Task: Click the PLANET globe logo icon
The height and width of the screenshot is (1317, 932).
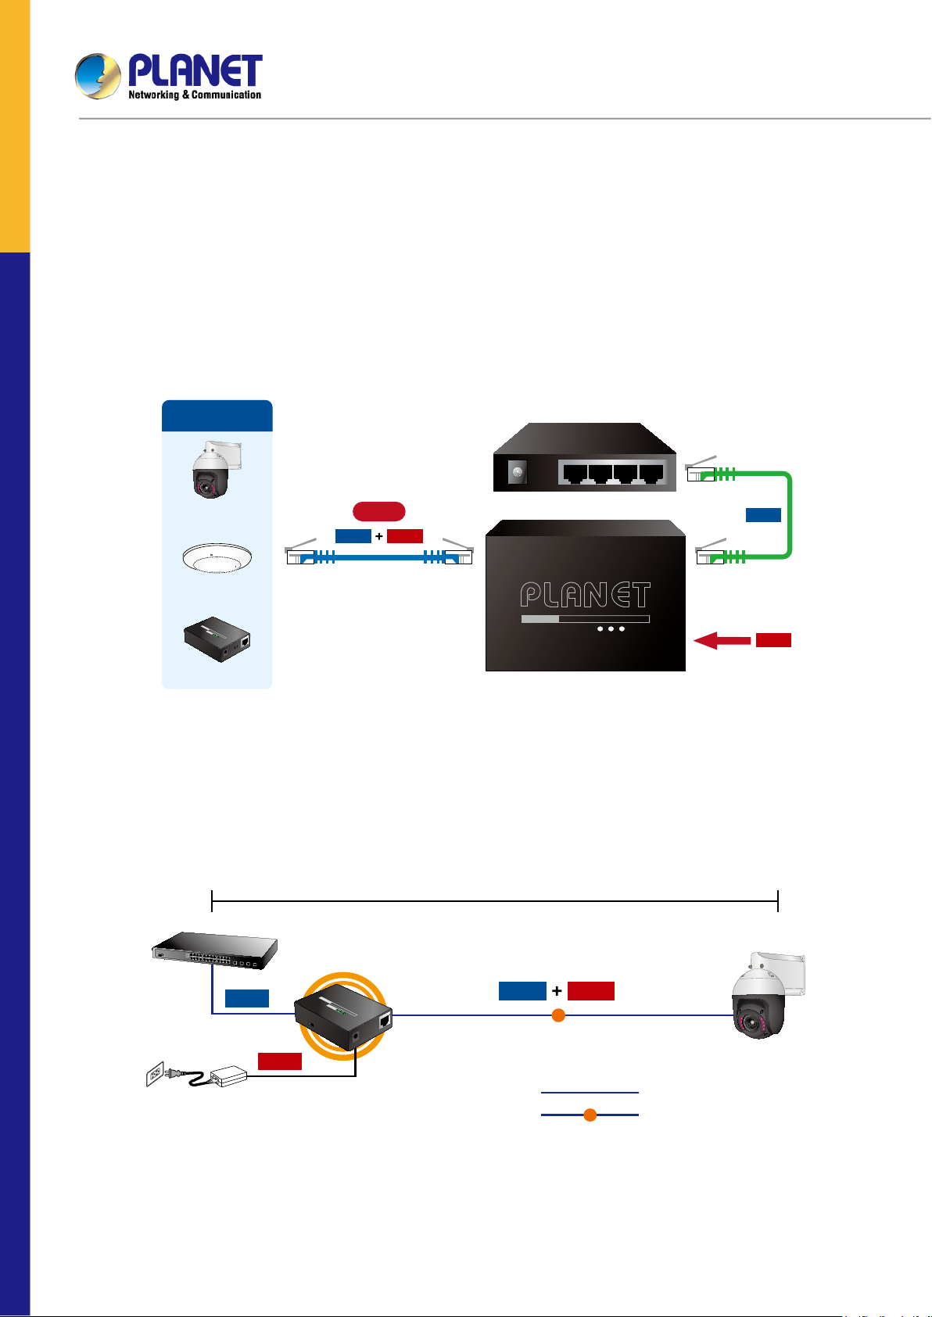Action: point(98,76)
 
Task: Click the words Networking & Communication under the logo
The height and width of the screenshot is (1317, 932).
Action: point(195,95)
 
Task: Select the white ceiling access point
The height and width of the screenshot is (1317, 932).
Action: point(217,559)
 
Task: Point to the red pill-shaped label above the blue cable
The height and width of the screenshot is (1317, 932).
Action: point(378,512)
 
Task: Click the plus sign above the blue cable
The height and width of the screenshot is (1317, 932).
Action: point(379,536)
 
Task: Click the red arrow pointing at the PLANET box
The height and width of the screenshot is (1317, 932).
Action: point(721,641)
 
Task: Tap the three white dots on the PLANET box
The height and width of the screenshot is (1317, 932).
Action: point(611,628)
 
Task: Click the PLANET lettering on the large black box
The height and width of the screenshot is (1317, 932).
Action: point(585,596)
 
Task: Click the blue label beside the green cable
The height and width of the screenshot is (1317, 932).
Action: point(763,514)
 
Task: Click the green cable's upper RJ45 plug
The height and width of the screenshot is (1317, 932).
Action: point(701,473)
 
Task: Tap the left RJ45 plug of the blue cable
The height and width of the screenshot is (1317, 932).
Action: point(301,557)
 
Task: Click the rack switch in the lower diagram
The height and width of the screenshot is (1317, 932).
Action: point(214,948)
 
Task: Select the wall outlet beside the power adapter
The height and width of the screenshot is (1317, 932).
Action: point(156,1074)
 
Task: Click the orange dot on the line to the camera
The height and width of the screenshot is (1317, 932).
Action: point(558,1015)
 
